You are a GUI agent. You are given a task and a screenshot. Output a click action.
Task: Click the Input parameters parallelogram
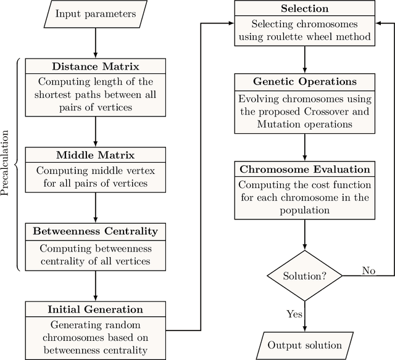coord(96,13)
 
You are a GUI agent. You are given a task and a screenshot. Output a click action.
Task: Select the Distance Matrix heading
coord(96,67)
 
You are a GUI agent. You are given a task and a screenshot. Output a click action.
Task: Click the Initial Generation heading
coord(96,309)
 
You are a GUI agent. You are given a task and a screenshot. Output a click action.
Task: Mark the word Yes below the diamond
coord(295,314)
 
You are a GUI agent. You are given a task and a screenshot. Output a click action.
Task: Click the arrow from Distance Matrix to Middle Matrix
coord(96,131)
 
